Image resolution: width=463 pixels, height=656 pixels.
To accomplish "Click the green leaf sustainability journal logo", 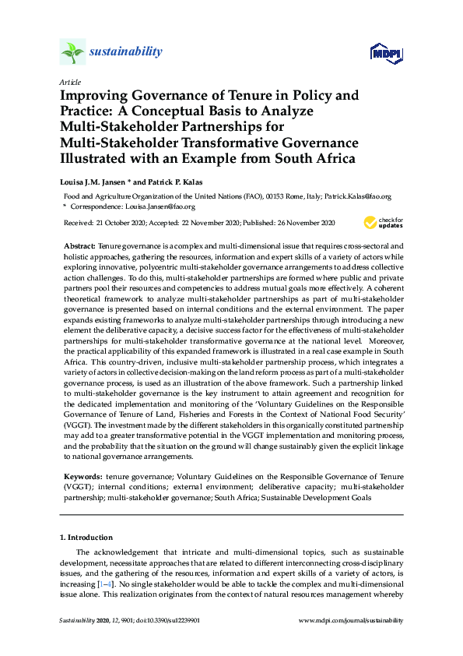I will click(72, 52).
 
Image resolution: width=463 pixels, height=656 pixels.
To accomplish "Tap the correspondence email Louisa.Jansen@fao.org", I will click(162, 207).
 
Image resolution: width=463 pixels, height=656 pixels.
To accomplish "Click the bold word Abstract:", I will click(79, 245).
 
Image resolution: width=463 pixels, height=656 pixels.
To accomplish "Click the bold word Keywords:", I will click(81, 475).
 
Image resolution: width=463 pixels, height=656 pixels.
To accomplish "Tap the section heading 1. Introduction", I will click(86, 538).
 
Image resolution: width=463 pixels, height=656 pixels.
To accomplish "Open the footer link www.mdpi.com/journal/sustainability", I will click(351, 620).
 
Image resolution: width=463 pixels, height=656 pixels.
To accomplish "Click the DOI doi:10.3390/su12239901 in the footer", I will click(161, 620).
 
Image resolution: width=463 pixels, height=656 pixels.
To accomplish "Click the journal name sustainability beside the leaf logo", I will click(126, 52).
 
